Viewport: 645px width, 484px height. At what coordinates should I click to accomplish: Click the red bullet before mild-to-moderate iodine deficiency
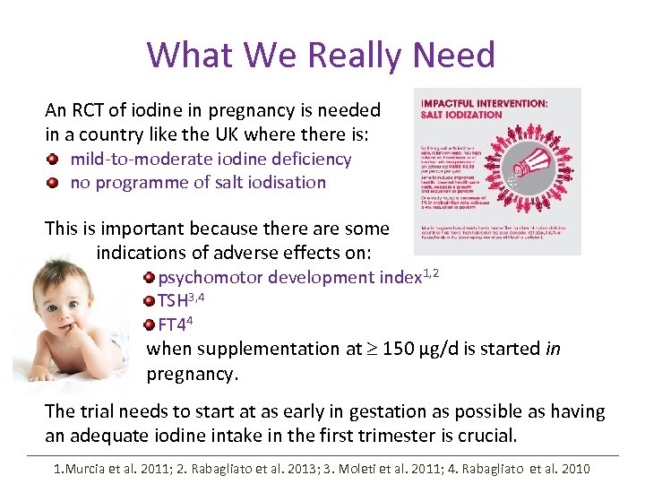tap(55, 160)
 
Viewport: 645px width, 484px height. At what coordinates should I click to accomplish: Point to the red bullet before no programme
tap(55, 183)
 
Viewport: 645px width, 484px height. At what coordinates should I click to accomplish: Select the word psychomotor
tap(209, 278)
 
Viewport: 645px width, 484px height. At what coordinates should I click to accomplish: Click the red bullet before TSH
tap(150, 301)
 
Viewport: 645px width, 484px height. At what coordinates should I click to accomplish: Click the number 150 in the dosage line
tap(398, 348)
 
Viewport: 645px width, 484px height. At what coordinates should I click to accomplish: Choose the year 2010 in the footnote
tap(574, 468)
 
